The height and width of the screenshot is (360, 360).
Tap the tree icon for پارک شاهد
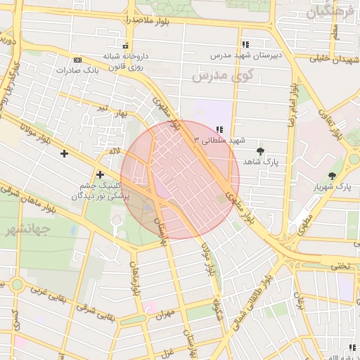[x=261, y=150]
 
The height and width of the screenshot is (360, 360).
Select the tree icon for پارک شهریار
[x=332, y=176]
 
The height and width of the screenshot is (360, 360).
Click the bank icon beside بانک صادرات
[x=77, y=60]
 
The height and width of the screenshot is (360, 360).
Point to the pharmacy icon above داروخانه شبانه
[x=125, y=45]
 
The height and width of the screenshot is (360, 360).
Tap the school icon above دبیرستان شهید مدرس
[x=245, y=44]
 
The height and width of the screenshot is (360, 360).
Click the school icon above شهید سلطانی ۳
[x=220, y=129]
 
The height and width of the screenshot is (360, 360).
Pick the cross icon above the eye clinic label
[x=101, y=174]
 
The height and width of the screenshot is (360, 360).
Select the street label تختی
[x=340, y=266]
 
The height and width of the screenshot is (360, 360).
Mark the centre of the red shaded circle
[x=180, y=179]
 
